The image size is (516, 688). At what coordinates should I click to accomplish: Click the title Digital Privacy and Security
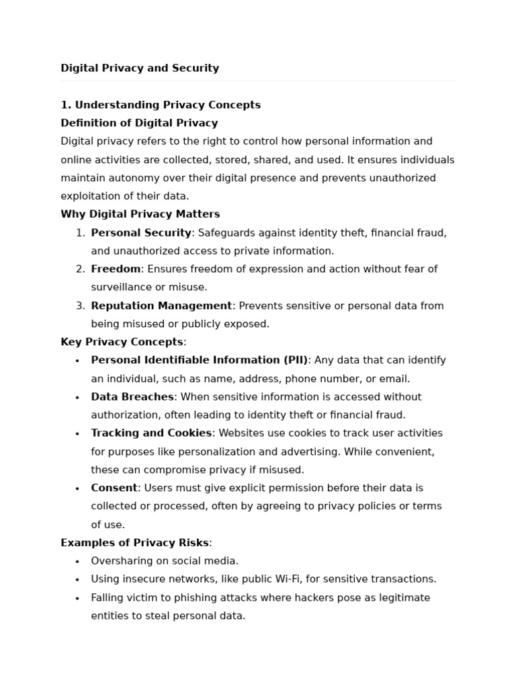click(140, 68)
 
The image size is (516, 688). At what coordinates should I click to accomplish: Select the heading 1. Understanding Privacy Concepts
click(161, 105)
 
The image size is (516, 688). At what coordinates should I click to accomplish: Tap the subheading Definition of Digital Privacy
click(139, 123)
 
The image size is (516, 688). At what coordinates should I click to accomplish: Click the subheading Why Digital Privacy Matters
click(140, 214)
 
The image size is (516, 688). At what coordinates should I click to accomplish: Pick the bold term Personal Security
click(141, 232)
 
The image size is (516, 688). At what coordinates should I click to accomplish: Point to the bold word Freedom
click(116, 269)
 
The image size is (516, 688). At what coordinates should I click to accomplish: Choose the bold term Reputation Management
click(161, 306)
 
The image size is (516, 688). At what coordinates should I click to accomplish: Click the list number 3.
click(80, 306)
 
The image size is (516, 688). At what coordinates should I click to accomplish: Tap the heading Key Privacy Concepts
click(122, 342)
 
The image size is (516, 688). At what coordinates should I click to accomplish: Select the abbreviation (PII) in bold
click(294, 360)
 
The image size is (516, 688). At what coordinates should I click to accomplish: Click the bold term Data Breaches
click(132, 397)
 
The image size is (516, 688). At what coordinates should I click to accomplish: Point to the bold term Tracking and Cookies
click(151, 433)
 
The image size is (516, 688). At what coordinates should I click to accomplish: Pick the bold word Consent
click(114, 488)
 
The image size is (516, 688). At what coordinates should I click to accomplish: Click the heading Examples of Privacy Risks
click(134, 543)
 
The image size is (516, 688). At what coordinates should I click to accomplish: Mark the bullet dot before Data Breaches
click(77, 397)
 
